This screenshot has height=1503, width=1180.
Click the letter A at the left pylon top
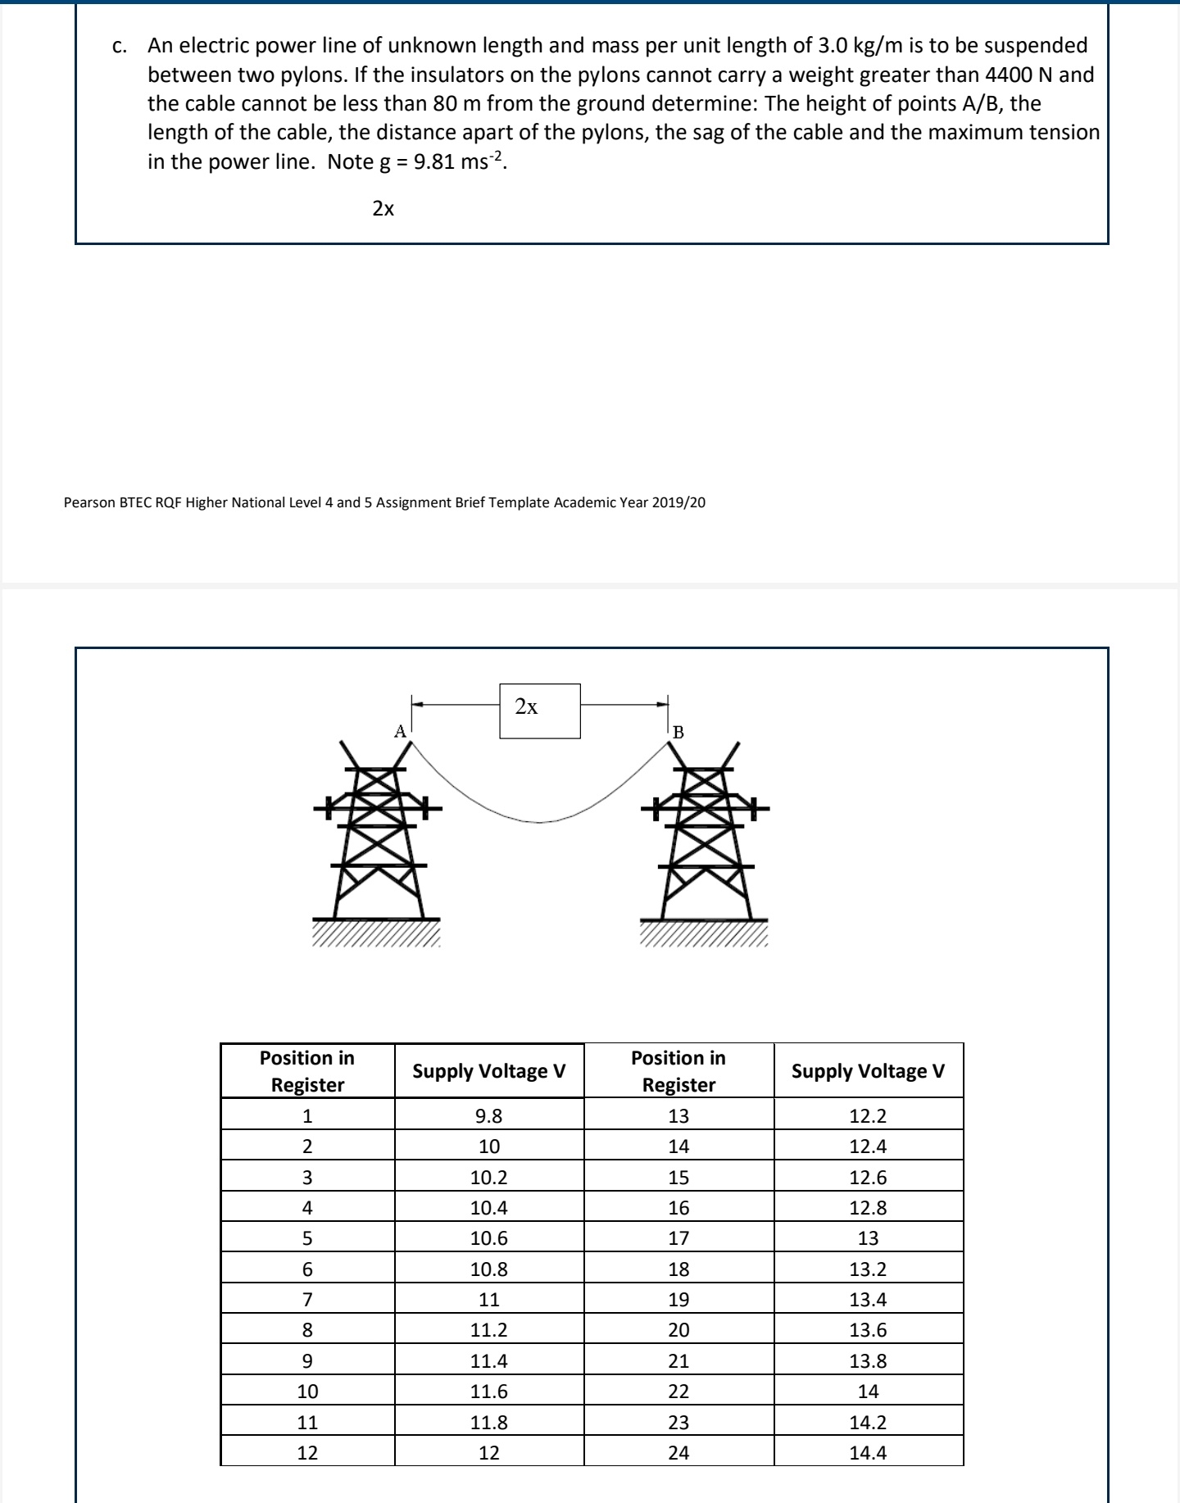400,731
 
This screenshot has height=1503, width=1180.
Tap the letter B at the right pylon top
678,732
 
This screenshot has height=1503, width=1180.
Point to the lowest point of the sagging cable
538,821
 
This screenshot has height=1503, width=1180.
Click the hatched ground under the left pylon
376,933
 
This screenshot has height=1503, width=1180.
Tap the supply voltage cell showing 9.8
488,1115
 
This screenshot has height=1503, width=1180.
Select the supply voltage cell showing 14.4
868,1452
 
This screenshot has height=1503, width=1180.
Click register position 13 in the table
678,1115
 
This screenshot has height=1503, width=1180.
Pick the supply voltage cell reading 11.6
488,1391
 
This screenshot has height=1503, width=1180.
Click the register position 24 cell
678,1452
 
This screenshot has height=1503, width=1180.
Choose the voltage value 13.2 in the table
868,1269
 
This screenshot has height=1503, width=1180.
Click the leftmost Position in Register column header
307,1071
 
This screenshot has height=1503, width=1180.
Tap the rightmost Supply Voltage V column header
868,1071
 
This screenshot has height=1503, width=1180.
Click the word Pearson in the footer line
89,502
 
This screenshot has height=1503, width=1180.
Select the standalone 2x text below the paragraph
383,209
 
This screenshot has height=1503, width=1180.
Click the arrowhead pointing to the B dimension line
661,703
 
